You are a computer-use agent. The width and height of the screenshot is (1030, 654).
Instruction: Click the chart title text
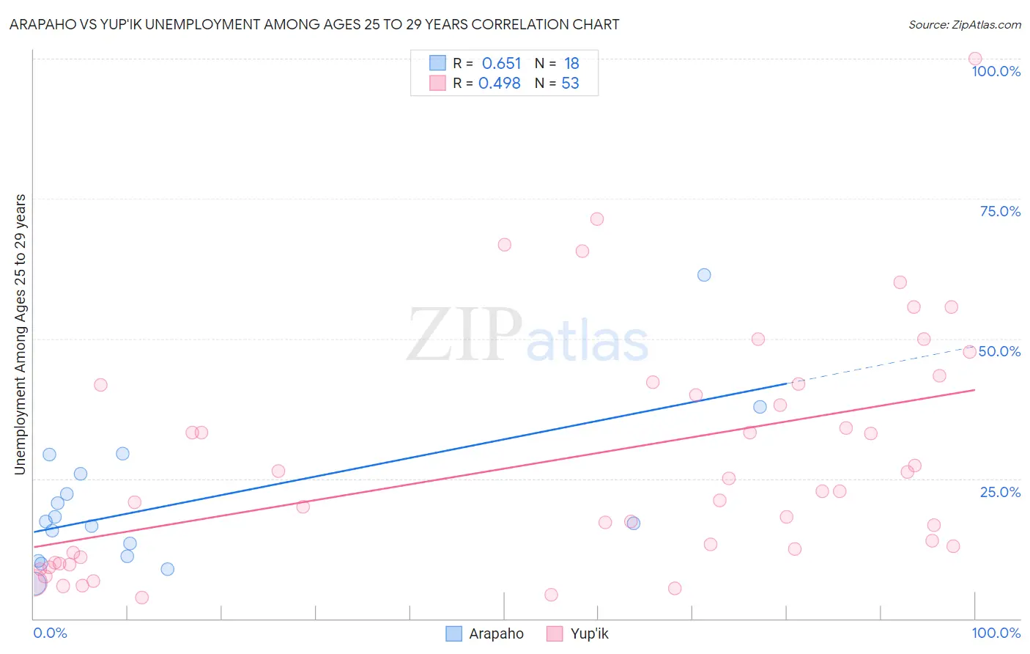(x=314, y=24)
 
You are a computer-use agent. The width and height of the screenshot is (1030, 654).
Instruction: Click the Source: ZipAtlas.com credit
(x=964, y=24)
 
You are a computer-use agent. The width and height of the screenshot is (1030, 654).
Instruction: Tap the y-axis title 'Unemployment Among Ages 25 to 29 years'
(x=20, y=334)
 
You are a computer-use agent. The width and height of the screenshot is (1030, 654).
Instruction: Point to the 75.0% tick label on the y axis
(x=999, y=211)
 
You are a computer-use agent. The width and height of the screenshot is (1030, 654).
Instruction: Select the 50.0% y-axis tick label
(x=999, y=351)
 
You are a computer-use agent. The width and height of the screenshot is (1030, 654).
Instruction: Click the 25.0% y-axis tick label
(x=999, y=491)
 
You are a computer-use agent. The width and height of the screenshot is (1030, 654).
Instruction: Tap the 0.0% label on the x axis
(x=50, y=633)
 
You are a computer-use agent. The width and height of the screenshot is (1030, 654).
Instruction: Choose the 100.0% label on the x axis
(x=996, y=633)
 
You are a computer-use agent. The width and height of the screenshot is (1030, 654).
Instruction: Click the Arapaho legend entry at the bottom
(x=485, y=633)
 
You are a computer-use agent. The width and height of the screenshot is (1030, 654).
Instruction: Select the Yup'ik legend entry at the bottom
(x=578, y=633)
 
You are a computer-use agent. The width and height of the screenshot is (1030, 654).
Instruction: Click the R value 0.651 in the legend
(x=501, y=63)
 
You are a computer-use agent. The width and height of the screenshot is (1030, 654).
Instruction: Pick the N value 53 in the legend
(x=570, y=83)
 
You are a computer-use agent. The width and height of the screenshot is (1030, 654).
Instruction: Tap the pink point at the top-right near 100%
(x=974, y=59)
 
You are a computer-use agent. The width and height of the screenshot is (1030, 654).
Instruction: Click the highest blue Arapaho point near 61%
(x=704, y=275)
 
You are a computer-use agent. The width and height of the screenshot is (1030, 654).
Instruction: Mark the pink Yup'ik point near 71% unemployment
(x=597, y=219)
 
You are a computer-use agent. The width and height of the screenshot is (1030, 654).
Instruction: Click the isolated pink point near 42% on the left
(x=100, y=385)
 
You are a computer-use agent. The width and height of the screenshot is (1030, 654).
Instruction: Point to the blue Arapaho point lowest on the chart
(x=167, y=569)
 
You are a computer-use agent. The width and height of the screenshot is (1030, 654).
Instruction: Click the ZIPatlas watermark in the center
(x=527, y=336)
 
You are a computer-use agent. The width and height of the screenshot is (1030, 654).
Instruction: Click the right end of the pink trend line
(x=974, y=390)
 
